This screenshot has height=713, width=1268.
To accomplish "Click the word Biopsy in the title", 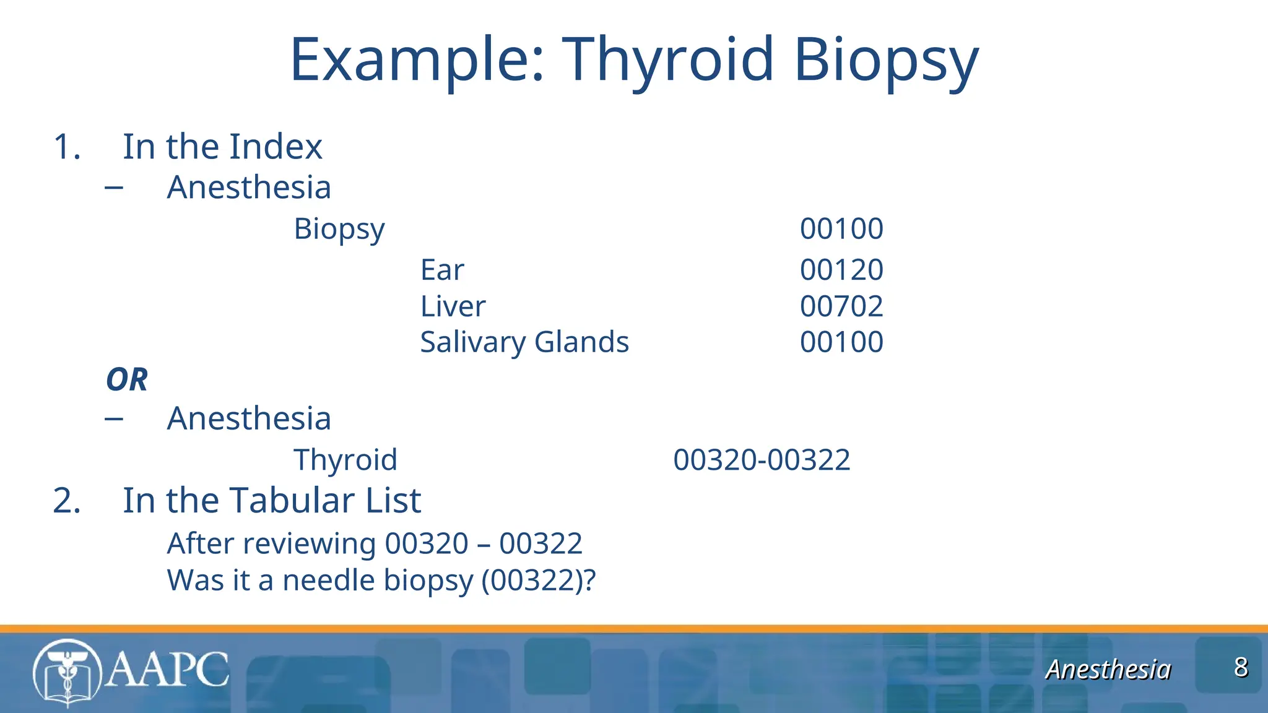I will (885, 60).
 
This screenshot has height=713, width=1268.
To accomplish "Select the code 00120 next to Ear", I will (841, 270).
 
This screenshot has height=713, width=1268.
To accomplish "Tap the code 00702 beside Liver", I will (841, 306).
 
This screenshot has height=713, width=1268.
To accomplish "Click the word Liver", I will (453, 306).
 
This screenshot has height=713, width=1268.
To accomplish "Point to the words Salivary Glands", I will (524, 342).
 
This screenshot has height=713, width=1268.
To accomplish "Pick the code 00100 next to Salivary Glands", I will (841, 342).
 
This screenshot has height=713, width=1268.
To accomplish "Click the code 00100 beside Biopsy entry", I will (841, 229).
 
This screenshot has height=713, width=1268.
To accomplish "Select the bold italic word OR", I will (127, 379).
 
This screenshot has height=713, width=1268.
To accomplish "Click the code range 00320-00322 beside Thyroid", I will (762, 460).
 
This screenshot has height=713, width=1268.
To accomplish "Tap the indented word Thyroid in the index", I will (345, 460).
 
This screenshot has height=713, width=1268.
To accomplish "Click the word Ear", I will (441, 270).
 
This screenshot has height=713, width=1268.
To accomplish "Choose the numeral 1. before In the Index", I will (67, 147).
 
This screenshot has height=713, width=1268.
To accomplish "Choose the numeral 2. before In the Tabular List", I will (67, 500).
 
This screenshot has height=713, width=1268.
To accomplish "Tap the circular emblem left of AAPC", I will (67, 673).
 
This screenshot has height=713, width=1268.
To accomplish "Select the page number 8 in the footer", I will (1241, 667).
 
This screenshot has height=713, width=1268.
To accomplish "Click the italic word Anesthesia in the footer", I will (1108, 670).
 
